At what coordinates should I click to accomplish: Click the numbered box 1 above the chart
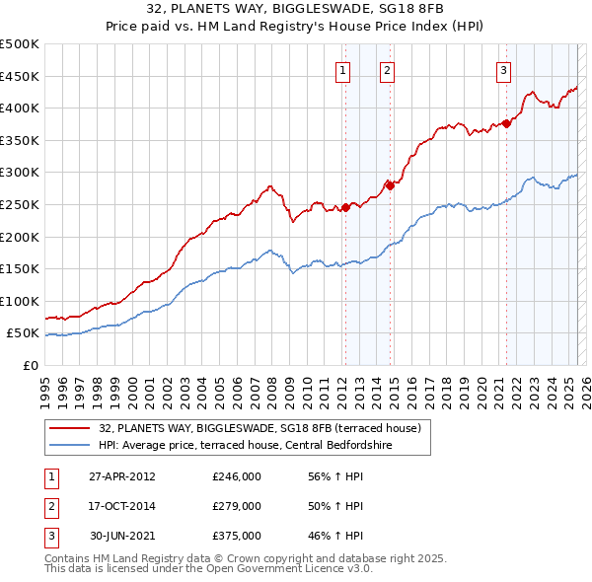[342, 70]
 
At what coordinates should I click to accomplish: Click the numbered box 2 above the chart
[387, 70]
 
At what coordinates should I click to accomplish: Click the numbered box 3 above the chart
[503, 70]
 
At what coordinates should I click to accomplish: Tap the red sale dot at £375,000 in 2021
[506, 123]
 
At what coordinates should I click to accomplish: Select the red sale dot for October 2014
[390, 184]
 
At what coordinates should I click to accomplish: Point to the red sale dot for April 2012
[346, 206]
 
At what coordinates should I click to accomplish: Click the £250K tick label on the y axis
[19, 204]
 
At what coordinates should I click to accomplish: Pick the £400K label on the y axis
[19, 108]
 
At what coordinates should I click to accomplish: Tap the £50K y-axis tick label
[23, 333]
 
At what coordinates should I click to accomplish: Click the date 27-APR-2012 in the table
[122, 475]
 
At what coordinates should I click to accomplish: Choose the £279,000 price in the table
[237, 506]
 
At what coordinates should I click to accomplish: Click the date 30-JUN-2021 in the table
[122, 537]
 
